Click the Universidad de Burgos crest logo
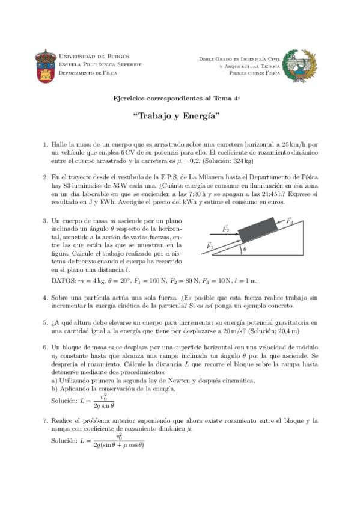pyautogui.click(x=45, y=64)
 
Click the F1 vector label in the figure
pyautogui.click(x=210, y=245)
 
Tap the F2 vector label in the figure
pyautogui.click(x=227, y=229)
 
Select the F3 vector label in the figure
pyautogui.click(x=290, y=221)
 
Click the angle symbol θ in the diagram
pyautogui.click(x=245, y=250)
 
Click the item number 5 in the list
pyautogui.click(x=46, y=322)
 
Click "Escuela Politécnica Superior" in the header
pyautogui.click(x=100, y=64)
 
